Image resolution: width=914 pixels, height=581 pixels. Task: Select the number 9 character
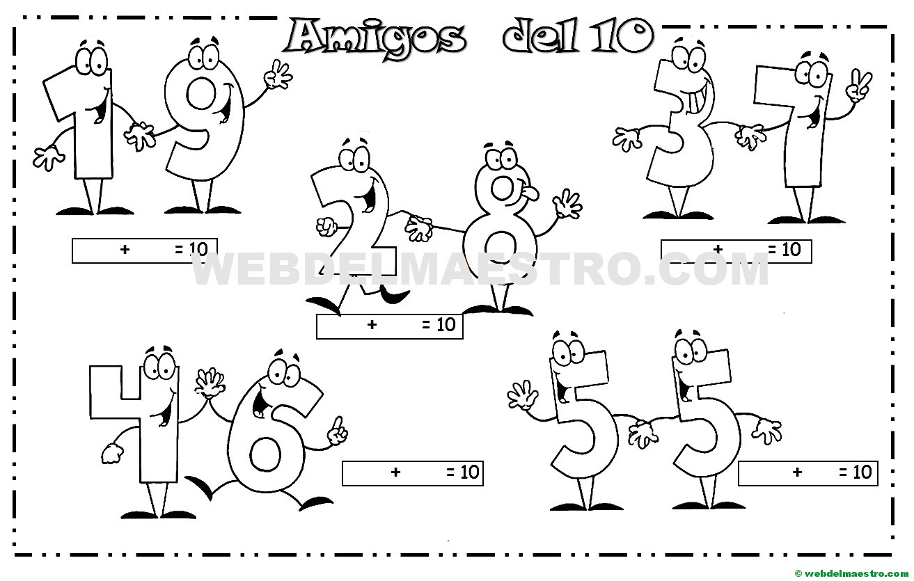202,125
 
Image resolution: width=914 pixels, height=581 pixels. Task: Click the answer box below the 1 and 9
145,250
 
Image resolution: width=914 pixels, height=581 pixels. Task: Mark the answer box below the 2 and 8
390,326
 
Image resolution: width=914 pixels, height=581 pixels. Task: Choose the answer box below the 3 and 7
736,250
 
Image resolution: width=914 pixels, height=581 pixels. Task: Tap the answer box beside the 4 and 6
412,473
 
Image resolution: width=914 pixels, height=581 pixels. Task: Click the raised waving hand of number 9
280,74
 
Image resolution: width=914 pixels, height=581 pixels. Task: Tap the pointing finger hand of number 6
337,431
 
